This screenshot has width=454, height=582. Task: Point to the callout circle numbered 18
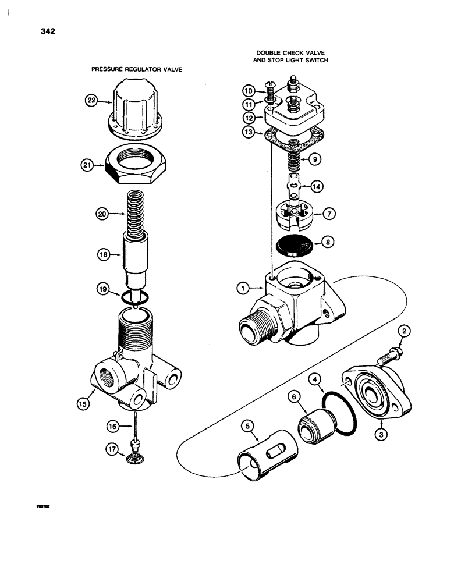104,254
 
